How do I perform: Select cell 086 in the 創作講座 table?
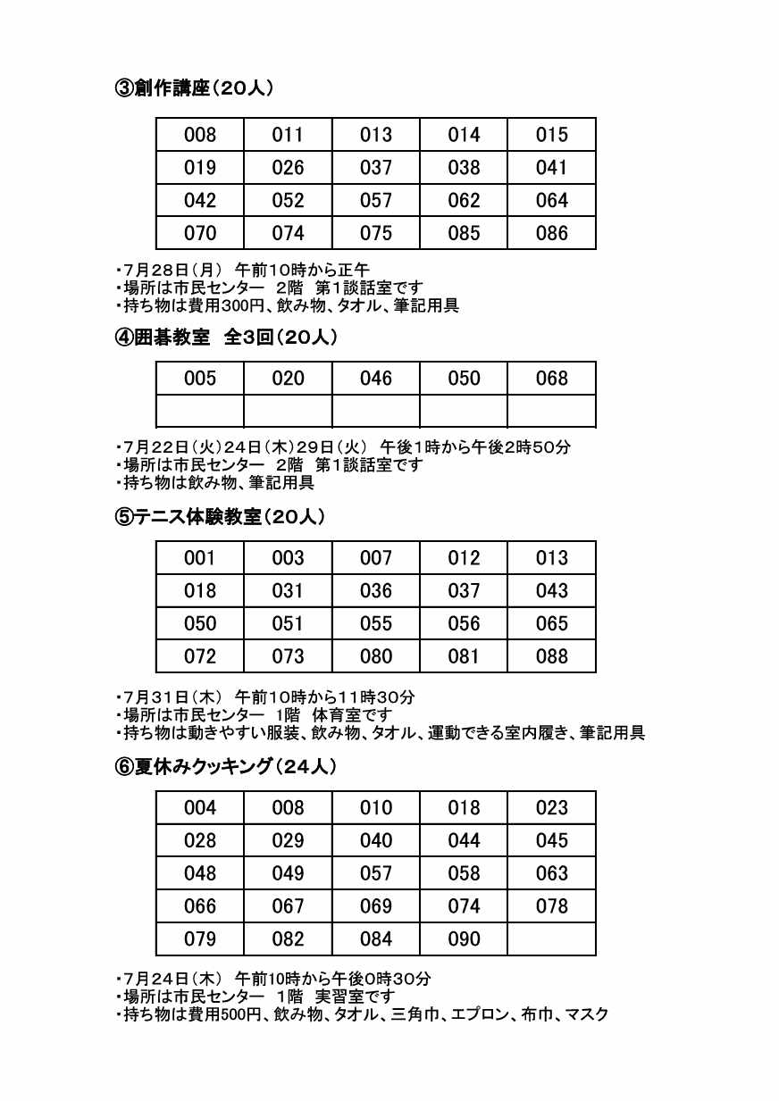click(551, 233)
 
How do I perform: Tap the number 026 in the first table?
click(288, 168)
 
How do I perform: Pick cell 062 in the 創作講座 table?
click(464, 201)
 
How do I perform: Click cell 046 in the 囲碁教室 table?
click(375, 379)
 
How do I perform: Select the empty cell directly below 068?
click(551, 411)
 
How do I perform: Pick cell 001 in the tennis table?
click(199, 558)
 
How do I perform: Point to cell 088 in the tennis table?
click(551, 656)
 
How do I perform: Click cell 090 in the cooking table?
click(464, 939)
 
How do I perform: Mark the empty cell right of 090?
click(551, 939)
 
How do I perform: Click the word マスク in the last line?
click(587, 1014)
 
